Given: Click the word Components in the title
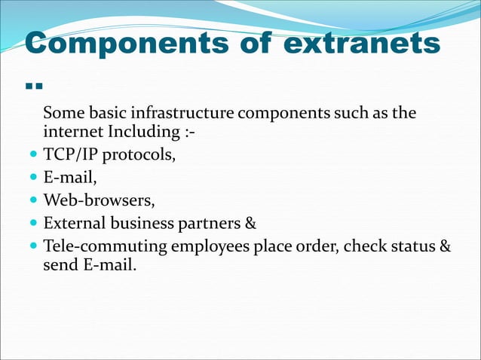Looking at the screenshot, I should (102, 44).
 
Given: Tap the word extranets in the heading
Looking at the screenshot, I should (362, 44).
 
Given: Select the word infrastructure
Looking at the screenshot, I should (183, 114).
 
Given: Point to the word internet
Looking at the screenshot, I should (74, 134).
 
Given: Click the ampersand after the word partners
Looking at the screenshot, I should (251, 224).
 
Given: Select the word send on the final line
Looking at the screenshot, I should (60, 265).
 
